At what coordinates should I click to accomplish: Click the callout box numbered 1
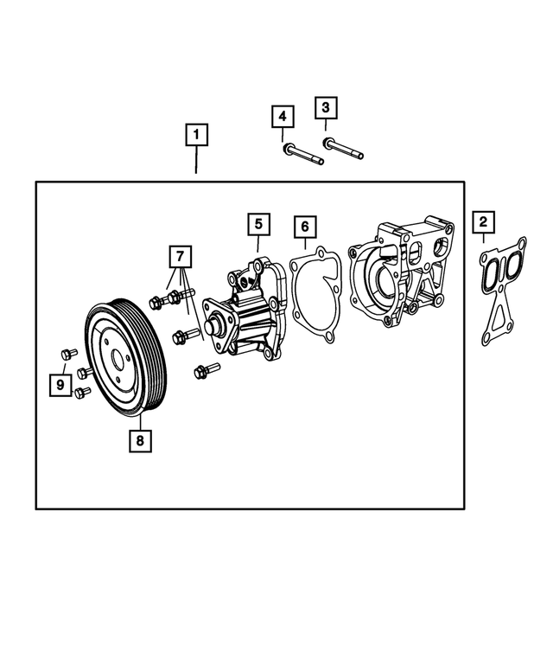coord(196,135)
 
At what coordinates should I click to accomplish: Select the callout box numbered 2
coord(483,222)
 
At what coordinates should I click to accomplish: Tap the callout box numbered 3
coord(326,108)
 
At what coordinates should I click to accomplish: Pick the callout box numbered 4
coord(283,116)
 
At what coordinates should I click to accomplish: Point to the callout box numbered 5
coord(257,223)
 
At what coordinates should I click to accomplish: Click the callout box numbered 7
coord(180,256)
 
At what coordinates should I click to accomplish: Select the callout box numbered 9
coord(59,383)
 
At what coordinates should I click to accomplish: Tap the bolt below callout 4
coord(302,155)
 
